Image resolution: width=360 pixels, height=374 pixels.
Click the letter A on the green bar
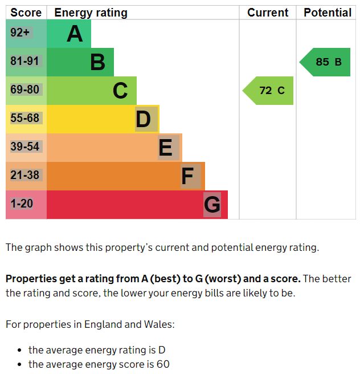(75, 34)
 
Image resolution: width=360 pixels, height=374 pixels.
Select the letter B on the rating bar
(97, 62)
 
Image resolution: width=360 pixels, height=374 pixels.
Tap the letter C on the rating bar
(120, 91)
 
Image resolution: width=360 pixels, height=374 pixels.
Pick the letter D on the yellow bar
(144, 119)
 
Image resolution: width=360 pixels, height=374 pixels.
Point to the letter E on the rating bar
(166, 148)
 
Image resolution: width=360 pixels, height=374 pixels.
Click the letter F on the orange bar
(188, 176)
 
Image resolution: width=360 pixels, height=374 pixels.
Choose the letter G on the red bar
(212, 205)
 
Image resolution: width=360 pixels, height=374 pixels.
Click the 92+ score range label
(20, 33)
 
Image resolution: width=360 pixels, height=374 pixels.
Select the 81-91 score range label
(24, 62)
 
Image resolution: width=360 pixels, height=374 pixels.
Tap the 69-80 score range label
(24, 90)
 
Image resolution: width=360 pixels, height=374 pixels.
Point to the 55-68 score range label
(24, 119)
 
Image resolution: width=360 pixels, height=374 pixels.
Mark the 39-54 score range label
(24, 147)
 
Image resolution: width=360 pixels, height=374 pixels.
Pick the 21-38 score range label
(24, 176)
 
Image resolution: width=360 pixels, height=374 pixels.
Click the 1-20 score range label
(22, 204)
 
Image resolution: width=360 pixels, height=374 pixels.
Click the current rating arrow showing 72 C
(269, 91)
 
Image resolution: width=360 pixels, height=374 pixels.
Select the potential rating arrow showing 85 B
(326, 62)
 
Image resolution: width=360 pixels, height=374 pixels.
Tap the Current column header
(268, 13)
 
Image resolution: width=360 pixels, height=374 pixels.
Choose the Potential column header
(328, 13)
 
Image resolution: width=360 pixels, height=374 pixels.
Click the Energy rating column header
(91, 13)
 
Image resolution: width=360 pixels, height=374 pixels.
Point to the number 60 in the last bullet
(163, 364)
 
